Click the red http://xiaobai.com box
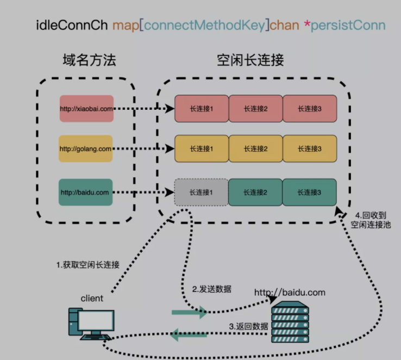pos(86,109)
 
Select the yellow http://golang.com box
pos(86,148)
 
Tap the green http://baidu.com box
pos(85,192)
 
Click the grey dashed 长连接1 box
pos(201,192)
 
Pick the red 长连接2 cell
pos(255,109)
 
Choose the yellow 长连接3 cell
pos(310,148)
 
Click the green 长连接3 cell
pos(310,192)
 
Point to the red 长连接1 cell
pos(201,109)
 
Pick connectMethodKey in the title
pos(205,25)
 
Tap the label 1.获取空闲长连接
pos(88,265)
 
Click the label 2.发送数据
pos(212,289)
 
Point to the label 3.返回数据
pos(248,327)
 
